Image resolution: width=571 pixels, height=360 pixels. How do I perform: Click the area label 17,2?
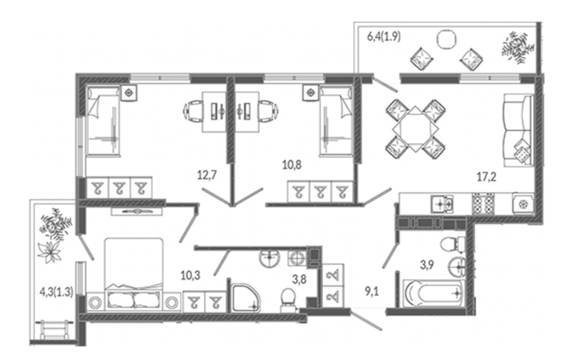[x=487, y=177]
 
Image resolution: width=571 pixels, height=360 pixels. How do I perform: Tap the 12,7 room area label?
[x=207, y=175]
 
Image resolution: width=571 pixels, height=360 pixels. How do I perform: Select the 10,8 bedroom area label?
[x=292, y=165]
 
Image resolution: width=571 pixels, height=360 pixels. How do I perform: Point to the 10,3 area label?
[x=190, y=276]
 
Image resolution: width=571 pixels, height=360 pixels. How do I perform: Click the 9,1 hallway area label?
[x=372, y=291]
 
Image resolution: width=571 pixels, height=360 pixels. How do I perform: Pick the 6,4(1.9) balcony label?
[x=384, y=37]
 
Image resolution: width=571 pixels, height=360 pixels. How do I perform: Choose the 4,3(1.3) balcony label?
[x=56, y=291]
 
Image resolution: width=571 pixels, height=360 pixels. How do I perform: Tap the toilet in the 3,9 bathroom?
[x=452, y=244]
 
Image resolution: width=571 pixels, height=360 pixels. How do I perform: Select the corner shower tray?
[x=246, y=298]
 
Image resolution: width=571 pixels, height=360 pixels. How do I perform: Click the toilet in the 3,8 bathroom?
[x=289, y=300]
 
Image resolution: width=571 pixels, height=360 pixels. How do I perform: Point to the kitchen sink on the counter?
[x=442, y=204]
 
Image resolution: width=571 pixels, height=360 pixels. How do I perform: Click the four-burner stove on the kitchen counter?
[x=483, y=204]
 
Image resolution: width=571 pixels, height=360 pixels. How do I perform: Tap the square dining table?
[x=416, y=129]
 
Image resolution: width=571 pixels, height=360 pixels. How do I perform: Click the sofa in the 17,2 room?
[x=518, y=130]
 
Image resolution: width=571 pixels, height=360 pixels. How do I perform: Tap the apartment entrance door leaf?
[x=366, y=320]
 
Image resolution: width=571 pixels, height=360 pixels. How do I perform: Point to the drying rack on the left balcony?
[x=55, y=330]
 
